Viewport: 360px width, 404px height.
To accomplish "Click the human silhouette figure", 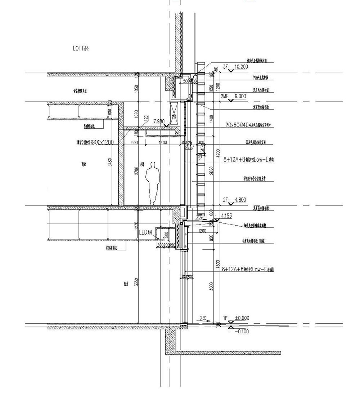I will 153,183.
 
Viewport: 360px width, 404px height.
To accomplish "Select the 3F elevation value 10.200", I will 241,67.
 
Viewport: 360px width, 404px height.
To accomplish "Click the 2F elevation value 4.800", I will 240,199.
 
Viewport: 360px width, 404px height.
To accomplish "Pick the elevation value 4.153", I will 226,216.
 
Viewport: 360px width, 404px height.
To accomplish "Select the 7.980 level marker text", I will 159,121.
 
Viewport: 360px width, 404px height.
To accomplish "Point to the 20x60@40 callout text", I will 237,125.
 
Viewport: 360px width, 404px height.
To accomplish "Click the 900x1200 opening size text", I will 103,142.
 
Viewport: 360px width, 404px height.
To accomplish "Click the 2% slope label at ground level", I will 203,318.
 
